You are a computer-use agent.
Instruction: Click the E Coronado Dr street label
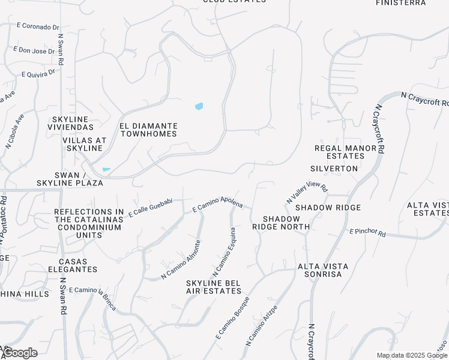[38, 26]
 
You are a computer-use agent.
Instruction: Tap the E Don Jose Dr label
[34, 50]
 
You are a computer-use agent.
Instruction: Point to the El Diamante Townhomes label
[148, 130]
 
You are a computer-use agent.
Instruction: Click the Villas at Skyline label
[85, 144]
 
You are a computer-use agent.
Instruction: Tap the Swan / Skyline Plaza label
[70, 178]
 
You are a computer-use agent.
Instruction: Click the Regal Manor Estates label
[340, 152]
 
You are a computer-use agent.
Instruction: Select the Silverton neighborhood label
[334, 169]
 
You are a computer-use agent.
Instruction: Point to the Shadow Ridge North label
[281, 222]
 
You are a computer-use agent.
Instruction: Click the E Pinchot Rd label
[367, 231]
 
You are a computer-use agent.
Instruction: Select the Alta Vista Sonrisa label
[319, 269]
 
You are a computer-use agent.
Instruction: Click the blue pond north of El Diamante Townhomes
[199, 106]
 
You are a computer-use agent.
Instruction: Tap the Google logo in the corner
[20, 353]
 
